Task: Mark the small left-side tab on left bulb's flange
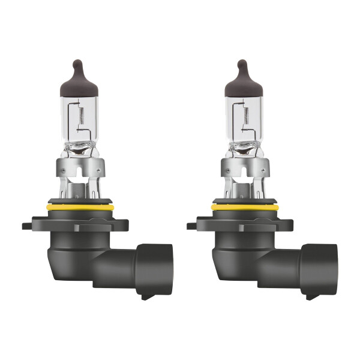[27, 227]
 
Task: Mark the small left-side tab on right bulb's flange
[192, 227]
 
